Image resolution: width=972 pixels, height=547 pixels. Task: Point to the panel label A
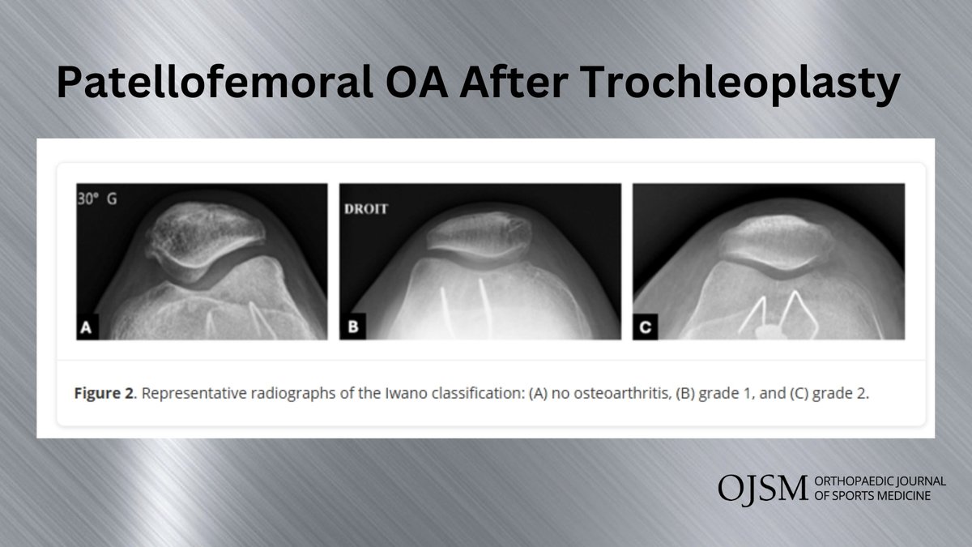pyautogui.click(x=87, y=328)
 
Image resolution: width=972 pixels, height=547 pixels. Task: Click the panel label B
pyautogui.click(x=351, y=328)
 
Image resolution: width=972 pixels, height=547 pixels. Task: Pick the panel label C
pyautogui.click(x=645, y=328)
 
